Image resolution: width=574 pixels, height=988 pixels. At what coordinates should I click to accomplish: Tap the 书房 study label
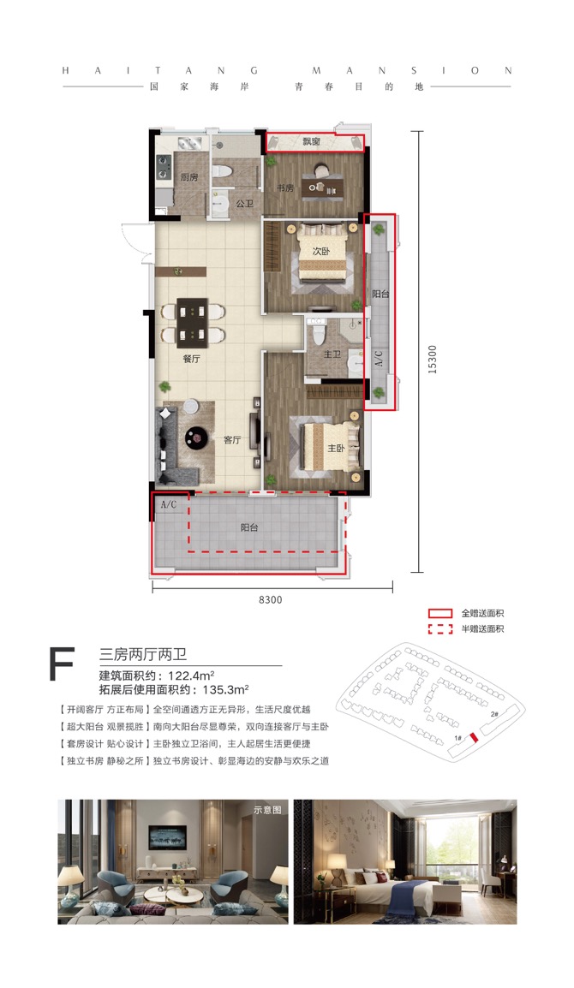(x=284, y=187)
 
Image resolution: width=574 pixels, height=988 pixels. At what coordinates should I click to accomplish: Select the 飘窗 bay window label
(x=312, y=141)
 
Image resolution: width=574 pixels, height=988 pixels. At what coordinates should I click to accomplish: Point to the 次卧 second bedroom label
(x=321, y=251)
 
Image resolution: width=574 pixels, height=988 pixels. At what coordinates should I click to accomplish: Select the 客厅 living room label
(x=232, y=440)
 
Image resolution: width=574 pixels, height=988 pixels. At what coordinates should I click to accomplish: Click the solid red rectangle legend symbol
(x=440, y=613)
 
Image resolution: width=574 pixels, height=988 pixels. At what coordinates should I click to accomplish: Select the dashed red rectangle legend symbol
(x=440, y=629)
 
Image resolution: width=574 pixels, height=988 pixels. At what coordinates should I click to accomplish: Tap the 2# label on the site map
(x=494, y=713)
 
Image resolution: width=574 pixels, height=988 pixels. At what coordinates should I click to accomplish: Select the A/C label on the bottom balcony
(x=168, y=505)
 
